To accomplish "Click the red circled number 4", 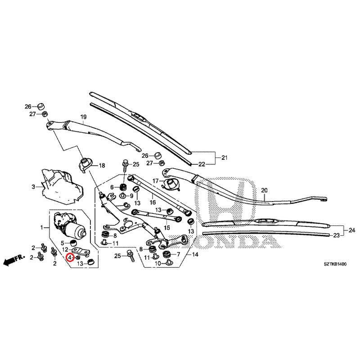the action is click(70, 258).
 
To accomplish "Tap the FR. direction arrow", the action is click(14, 260).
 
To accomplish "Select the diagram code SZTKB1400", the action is click(335, 264).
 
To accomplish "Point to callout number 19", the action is click(83, 117).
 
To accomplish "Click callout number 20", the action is click(264, 190).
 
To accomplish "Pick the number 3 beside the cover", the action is click(33, 187).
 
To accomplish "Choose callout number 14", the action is click(195, 254).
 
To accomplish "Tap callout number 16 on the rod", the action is click(153, 202).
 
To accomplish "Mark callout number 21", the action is click(224, 157).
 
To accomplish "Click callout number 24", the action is click(352, 230).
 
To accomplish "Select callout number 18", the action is click(102, 165).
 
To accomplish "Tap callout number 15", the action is click(167, 228).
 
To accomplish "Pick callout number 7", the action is click(178, 254).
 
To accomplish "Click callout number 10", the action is click(158, 264).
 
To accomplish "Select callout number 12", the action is click(65, 249).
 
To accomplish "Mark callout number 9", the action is click(131, 196).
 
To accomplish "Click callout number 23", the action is click(336, 235).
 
